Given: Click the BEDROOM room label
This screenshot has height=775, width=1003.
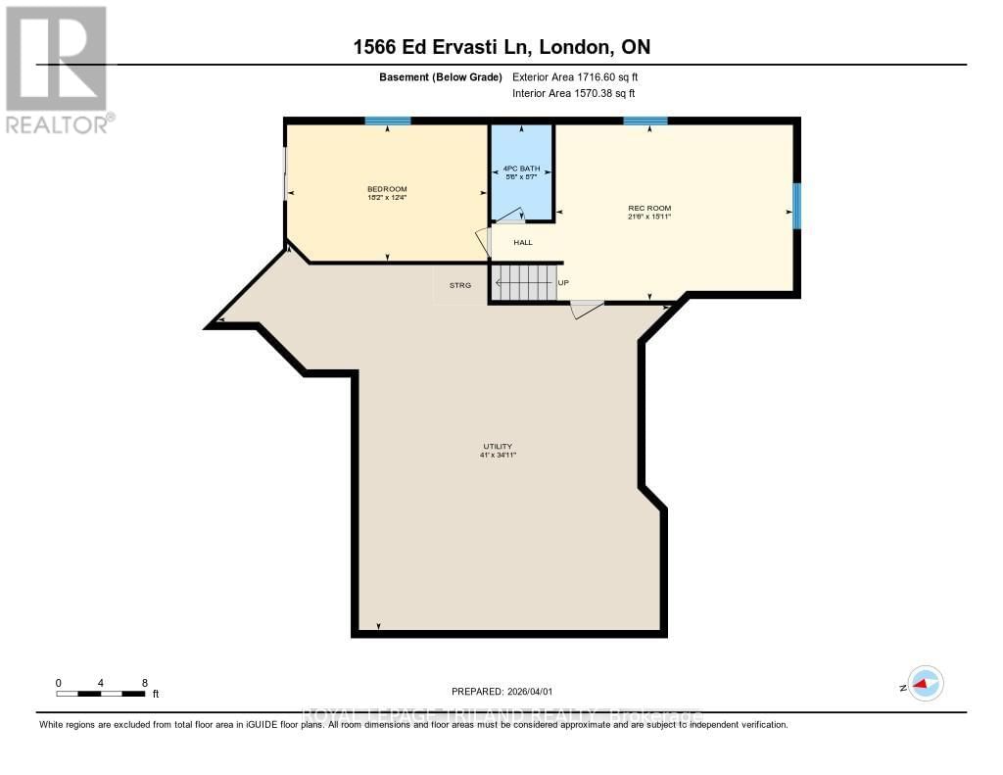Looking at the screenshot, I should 387,189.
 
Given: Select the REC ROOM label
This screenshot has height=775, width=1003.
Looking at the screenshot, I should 649,208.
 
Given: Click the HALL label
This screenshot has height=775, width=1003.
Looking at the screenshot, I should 523,242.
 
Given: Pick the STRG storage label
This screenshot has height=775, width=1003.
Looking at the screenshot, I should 460,285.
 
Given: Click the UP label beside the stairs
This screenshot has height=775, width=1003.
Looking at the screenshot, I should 563,283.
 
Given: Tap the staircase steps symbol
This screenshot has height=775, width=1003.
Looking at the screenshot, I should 523,283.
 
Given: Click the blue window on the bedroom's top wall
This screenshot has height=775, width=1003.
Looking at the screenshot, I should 388,121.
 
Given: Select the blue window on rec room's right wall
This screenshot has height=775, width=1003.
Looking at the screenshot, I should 796,206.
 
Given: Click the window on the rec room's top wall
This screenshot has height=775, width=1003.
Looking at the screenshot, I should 645,121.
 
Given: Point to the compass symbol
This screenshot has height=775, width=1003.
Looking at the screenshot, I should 925,684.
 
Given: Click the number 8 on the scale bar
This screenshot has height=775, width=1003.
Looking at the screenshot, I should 144,682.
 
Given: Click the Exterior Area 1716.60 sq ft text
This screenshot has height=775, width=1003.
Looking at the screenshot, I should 575,76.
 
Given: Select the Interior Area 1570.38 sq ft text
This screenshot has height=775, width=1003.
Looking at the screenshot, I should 573,93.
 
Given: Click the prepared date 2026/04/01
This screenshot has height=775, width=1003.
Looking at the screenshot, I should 535,692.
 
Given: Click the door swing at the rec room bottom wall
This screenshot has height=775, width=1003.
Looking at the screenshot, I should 586,310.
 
